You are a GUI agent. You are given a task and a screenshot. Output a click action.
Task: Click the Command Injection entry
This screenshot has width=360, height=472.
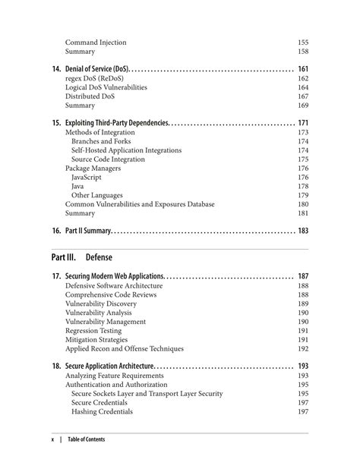pyautogui.click(x=96, y=42)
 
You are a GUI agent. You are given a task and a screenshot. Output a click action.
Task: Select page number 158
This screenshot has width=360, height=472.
pyautogui.click(x=302, y=52)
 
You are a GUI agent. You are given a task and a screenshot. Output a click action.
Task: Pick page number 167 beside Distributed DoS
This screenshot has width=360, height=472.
pyautogui.click(x=302, y=96)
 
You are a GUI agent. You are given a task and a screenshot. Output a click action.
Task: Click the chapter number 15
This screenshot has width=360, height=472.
pyautogui.click(x=56, y=123)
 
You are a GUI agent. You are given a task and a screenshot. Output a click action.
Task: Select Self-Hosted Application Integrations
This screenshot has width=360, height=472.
pyautogui.click(x=126, y=150)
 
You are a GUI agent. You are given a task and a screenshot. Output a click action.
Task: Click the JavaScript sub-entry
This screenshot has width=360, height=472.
pyautogui.click(x=90, y=178)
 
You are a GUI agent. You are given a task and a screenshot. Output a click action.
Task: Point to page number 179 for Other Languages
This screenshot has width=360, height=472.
pyautogui.click(x=302, y=195)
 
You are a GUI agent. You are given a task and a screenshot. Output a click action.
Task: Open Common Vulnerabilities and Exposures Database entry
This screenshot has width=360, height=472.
pyautogui.click(x=140, y=204)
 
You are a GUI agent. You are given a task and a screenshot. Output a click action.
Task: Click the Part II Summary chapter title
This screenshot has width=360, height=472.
pyautogui.click(x=89, y=231)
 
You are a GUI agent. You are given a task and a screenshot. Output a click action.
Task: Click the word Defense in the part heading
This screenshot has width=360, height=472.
pyautogui.click(x=99, y=257)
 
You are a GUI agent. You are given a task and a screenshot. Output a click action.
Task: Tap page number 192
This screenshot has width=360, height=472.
pyautogui.click(x=302, y=349)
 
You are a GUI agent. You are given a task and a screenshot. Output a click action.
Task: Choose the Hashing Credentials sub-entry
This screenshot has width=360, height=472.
pyautogui.click(x=102, y=412)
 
